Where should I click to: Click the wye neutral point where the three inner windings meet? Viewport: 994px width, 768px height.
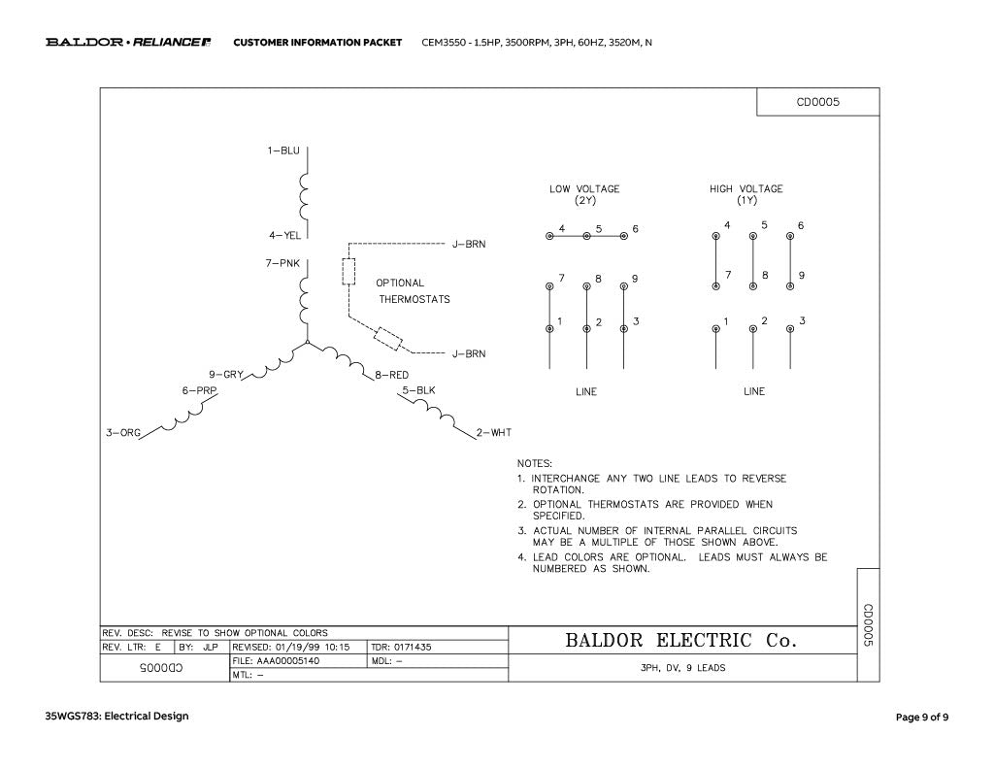click(x=308, y=343)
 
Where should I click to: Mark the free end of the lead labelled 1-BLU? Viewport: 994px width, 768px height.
click(x=308, y=148)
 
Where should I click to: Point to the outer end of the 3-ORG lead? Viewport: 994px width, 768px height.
click(x=139, y=440)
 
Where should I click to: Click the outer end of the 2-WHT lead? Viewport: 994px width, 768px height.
click(x=476, y=439)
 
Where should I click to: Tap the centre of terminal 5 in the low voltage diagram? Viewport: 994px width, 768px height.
click(x=586, y=236)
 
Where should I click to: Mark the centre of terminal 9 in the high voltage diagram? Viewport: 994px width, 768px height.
click(x=790, y=286)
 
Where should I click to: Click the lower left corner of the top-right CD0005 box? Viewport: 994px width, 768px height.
click(x=757, y=116)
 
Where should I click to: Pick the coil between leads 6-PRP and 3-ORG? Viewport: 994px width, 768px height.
click(x=182, y=415)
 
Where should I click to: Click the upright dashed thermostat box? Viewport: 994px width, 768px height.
click(x=348, y=272)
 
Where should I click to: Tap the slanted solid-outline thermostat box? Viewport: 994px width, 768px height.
click(x=388, y=339)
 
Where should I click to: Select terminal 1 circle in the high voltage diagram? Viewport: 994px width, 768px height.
click(x=715, y=328)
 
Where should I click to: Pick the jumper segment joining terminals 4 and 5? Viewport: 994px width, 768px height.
click(x=568, y=236)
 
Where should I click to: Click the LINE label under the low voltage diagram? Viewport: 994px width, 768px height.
click(x=586, y=391)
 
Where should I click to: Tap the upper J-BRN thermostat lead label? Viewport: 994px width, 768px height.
click(x=469, y=244)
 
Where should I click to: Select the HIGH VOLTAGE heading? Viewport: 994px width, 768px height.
click(x=746, y=189)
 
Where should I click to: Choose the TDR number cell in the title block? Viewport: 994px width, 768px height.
click(x=401, y=647)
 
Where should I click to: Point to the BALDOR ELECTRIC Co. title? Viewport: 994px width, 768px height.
click(x=680, y=640)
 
